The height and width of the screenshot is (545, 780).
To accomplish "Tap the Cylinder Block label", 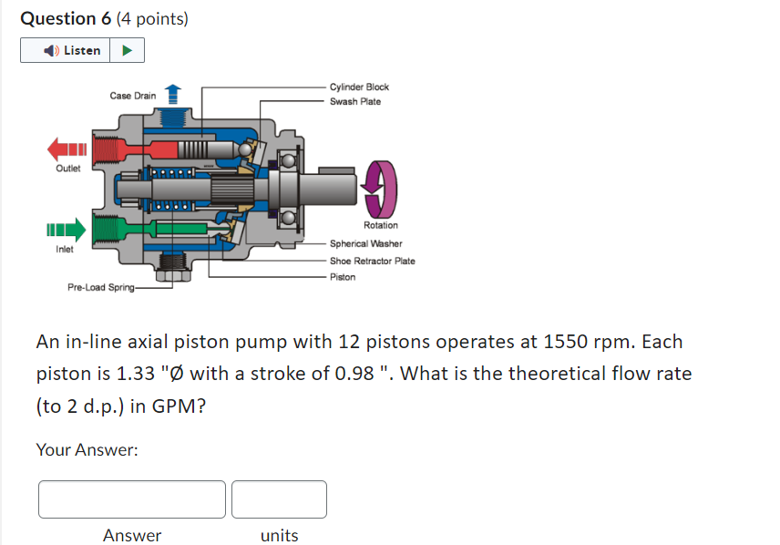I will pyautogui.click(x=359, y=87).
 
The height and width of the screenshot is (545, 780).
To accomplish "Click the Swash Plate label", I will pyautogui.click(x=355, y=102).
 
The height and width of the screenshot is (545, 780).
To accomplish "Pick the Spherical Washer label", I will pyautogui.click(x=365, y=244).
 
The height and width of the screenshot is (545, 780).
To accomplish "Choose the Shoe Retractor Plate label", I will pyautogui.click(x=372, y=261).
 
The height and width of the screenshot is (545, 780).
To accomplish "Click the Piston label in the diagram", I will pyautogui.click(x=343, y=277).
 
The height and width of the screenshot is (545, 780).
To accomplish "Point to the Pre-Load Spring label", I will pyautogui.click(x=100, y=288).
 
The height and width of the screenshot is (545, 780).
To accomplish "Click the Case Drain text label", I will pyautogui.click(x=132, y=96).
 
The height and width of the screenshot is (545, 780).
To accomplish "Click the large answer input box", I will pyautogui.click(x=132, y=499).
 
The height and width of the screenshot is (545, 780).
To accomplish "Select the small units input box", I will pyautogui.click(x=279, y=499).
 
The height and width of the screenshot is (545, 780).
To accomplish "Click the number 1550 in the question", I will pyautogui.click(x=567, y=343).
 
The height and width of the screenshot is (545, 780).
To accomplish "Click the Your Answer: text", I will pyautogui.click(x=87, y=449).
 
